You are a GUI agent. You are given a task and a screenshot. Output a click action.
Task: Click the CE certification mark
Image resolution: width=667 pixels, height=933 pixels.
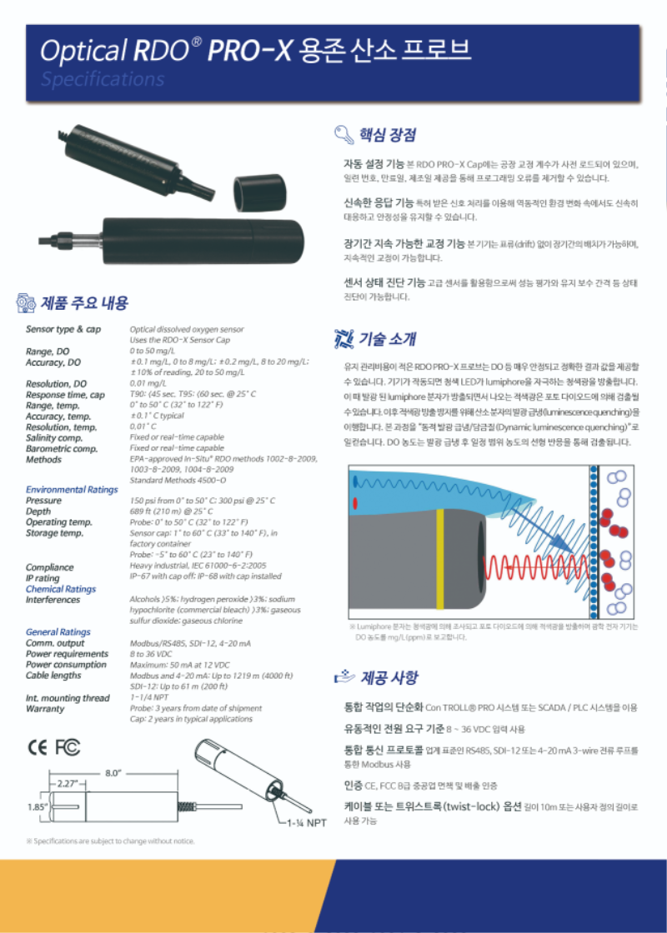38,746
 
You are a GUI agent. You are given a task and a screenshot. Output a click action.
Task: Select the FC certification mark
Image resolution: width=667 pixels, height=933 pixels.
68,746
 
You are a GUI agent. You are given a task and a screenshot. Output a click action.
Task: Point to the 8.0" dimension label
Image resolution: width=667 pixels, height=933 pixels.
114,773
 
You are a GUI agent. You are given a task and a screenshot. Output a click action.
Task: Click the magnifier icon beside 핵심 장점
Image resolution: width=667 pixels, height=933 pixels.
342,135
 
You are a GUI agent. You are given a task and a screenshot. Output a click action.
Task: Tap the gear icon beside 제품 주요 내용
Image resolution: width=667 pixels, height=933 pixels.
26,302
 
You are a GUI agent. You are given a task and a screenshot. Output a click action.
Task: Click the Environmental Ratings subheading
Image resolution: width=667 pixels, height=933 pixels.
72,490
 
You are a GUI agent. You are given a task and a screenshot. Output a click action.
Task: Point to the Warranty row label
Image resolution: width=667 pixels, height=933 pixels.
45,709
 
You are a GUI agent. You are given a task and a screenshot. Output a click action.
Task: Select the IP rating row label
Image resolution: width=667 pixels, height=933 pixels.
43,577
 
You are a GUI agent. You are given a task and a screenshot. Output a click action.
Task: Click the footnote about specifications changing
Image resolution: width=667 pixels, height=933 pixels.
111,841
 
